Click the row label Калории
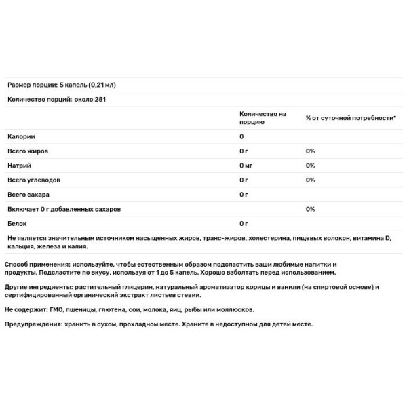(21, 136)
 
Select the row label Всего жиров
(28, 151)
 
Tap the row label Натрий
(19, 166)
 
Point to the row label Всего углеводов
(34, 180)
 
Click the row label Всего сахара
(29, 195)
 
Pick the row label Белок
(17, 223)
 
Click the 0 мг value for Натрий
(246, 166)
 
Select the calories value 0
(241, 136)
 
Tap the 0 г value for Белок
(244, 223)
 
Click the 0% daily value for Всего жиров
(310, 151)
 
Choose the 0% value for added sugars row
(310, 209)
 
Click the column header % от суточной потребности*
(350, 118)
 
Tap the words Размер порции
(27, 85)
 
